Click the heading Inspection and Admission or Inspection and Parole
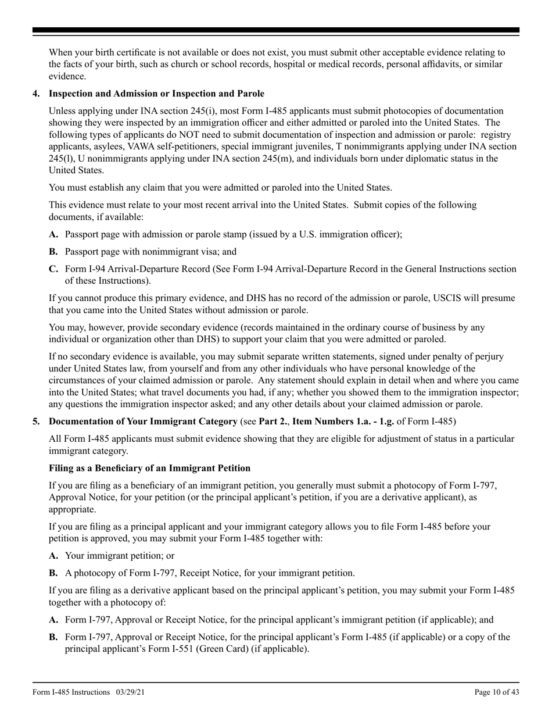[x=156, y=94]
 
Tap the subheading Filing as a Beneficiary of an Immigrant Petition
[x=149, y=469]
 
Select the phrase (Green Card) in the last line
[x=220, y=649]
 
